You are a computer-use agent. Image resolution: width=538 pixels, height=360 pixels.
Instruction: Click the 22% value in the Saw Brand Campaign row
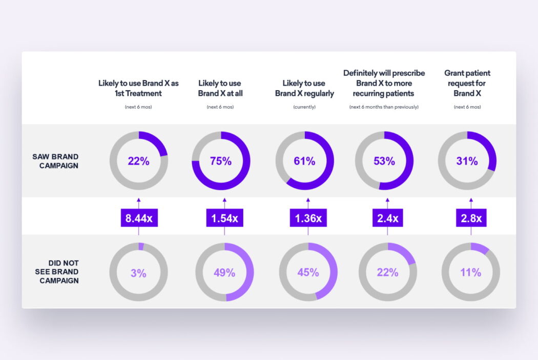[138, 161]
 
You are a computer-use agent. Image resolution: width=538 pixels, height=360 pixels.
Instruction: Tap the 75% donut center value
[221, 161]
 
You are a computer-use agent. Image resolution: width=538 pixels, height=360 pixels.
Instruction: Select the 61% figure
[304, 161]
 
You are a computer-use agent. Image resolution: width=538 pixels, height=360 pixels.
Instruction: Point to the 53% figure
[384, 161]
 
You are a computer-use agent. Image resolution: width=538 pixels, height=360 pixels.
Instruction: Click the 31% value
[467, 161]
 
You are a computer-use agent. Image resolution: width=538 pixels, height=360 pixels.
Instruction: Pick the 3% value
[138, 273]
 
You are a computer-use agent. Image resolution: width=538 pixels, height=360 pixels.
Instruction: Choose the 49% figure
[224, 273]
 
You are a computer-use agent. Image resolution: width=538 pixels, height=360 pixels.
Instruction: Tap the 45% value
[308, 273]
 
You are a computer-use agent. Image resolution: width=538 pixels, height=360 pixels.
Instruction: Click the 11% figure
[470, 273]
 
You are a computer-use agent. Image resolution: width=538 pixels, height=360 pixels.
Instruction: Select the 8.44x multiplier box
[139, 218]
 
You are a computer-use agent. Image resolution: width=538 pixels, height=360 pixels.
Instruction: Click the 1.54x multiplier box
[224, 218]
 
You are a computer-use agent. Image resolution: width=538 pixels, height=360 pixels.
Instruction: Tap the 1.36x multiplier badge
[308, 218]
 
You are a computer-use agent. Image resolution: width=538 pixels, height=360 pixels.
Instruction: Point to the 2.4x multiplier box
[387, 218]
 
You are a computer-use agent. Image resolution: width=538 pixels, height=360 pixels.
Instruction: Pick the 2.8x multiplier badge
[471, 218]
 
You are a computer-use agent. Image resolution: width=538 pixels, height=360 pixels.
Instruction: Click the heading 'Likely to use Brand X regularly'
[304, 88]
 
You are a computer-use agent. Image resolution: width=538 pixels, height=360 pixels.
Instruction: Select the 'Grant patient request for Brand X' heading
[467, 83]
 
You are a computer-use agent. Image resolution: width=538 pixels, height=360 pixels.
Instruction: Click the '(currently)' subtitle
[304, 107]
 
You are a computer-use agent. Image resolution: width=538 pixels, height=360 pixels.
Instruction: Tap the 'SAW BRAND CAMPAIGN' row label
[55, 161]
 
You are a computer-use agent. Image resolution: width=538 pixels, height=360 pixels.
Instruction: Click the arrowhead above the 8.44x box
[139, 201]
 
